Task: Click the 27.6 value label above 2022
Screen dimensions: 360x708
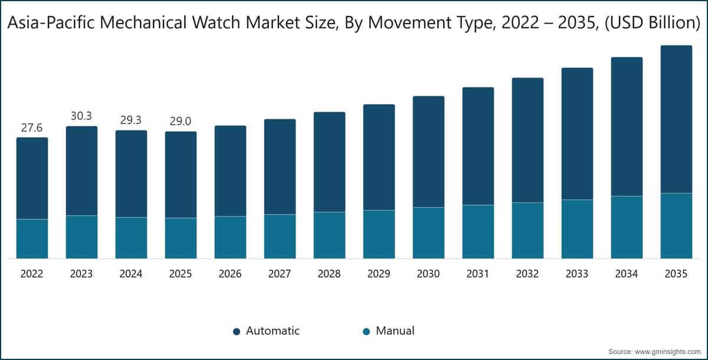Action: [32, 127]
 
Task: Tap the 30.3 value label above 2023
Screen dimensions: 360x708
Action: [81, 116]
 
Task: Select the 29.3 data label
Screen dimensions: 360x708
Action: [131, 120]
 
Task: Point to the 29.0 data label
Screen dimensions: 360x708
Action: [181, 122]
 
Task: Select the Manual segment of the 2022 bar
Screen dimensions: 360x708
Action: [32, 238]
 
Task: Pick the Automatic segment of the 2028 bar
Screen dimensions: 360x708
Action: [329, 162]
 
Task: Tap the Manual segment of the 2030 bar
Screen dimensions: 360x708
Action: [428, 233]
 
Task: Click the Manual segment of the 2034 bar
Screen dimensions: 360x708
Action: [627, 227]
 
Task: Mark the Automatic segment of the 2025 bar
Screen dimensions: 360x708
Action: [181, 175]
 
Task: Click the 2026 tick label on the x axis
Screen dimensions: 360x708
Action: [230, 274]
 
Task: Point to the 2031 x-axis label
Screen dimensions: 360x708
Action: [478, 274]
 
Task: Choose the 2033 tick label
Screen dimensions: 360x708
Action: [577, 274]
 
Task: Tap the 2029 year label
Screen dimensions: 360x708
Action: [379, 274]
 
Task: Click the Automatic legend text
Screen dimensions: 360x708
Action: [273, 331]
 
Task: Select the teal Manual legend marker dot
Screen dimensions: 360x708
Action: [366, 332]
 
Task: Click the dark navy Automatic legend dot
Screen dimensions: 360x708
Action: [236, 332]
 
